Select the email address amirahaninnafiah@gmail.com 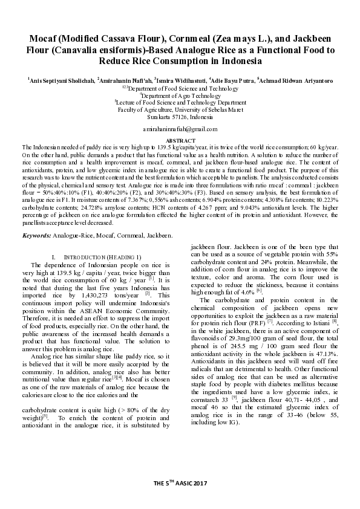tap(180, 129)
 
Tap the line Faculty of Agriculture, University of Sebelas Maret tap(180, 109)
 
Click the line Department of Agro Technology tap(180, 96)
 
